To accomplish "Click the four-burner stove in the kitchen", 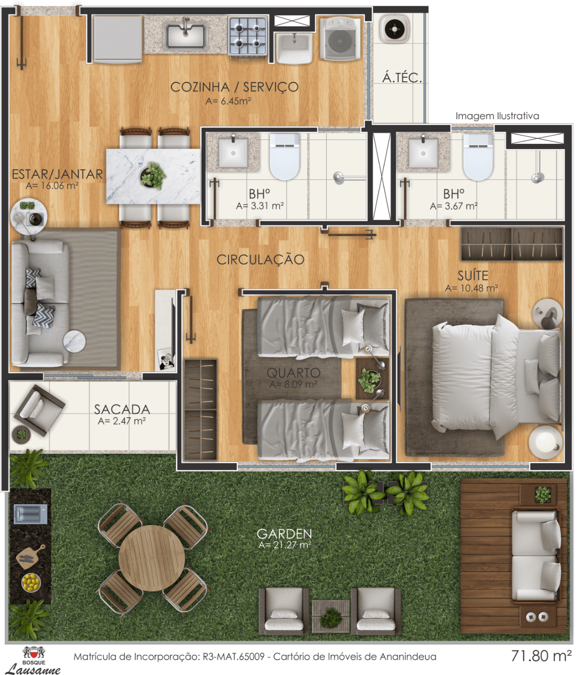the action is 248,37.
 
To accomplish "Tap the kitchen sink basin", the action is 185,35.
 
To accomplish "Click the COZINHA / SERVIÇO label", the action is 235,87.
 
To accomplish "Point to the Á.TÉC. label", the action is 402,78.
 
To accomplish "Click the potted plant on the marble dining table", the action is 153,176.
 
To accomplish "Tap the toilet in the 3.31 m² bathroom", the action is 285,157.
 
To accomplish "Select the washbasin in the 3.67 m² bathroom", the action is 423,153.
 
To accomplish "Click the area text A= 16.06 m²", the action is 52,186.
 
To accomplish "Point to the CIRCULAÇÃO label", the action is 260,260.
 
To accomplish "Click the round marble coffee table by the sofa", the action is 74,341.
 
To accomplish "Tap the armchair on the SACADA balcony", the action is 39,410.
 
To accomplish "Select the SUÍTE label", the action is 473,276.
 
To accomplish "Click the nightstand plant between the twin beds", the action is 369,380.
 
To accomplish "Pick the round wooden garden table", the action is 152,558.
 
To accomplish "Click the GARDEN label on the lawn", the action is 284,534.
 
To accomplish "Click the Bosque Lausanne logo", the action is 34,660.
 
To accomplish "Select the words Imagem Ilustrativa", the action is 497,116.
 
